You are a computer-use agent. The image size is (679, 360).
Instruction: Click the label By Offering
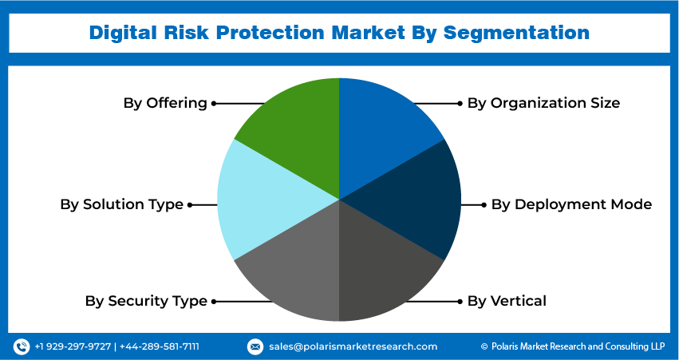point(165,103)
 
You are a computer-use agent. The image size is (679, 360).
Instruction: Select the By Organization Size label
point(543,103)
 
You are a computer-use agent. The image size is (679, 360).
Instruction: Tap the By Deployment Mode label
point(571,204)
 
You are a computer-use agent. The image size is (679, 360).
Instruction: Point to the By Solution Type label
point(122,204)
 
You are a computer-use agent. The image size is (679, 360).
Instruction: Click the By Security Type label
point(146,301)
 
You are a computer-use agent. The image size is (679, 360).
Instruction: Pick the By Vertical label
point(507,301)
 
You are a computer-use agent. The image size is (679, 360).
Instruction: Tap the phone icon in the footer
point(22,346)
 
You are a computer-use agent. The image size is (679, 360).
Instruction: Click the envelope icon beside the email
point(255,346)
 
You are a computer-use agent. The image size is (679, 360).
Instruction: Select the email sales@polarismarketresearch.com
point(353,346)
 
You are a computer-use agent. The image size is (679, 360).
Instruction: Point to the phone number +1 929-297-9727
point(73,346)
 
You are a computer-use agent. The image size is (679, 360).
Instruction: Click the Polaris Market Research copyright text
point(573,346)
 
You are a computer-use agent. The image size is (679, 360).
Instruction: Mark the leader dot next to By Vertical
point(460,301)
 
